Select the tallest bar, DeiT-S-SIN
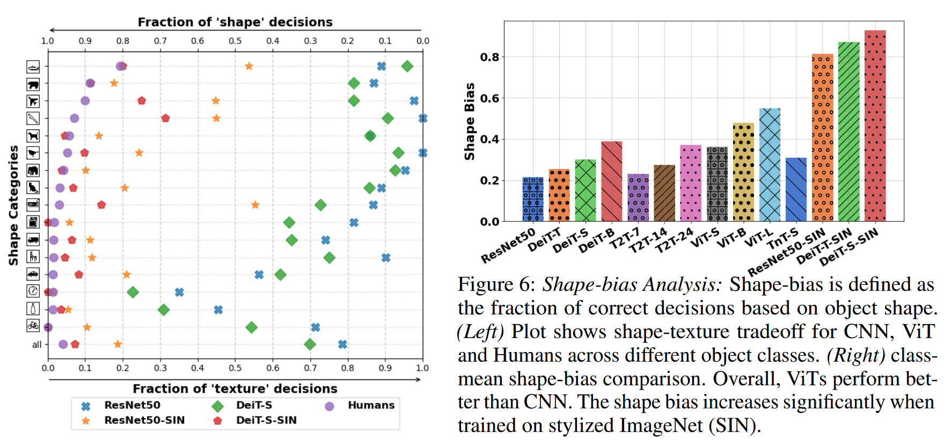click(x=875, y=126)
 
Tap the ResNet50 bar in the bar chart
click(x=533, y=199)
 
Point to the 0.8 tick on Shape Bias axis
click(x=489, y=57)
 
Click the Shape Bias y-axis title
click(x=470, y=121)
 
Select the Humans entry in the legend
click(x=370, y=405)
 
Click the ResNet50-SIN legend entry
click(x=144, y=420)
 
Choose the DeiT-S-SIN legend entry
click(x=266, y=420)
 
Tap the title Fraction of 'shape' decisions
click(x=235, y=22)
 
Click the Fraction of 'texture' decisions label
click(x=235, y=388)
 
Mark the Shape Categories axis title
click(x=13, y=205)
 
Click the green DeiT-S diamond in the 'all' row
click(x=310, y=344)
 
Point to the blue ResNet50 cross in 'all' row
click(x=342, y=344)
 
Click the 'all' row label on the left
click(x=36, y=344)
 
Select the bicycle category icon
click(x=33, y=326)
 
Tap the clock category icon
click(x=33, y=291)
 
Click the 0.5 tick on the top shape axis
click(x=235, y=41)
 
